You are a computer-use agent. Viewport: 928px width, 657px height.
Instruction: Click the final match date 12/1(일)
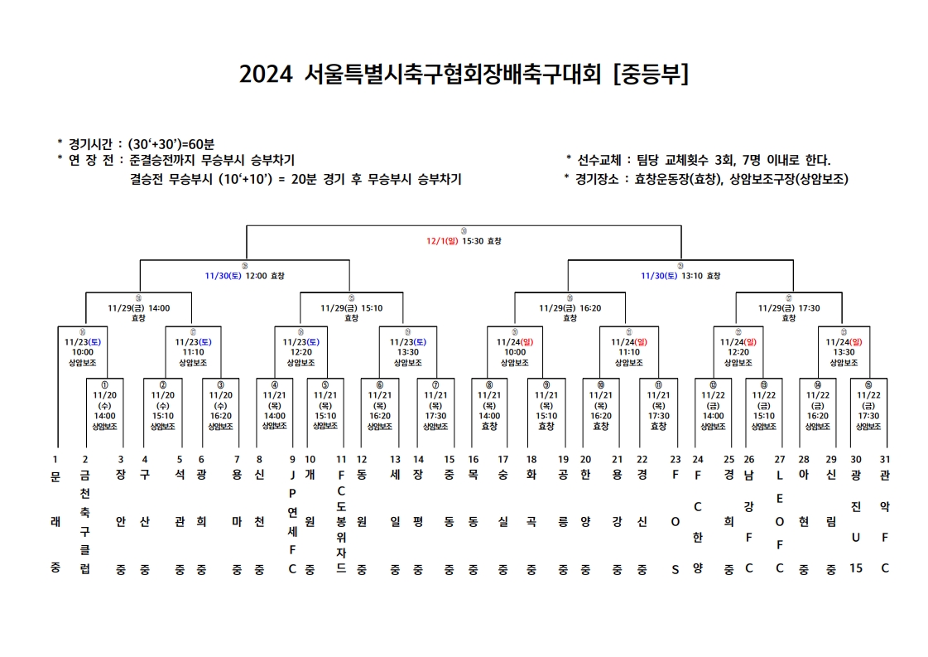tap(442, 241)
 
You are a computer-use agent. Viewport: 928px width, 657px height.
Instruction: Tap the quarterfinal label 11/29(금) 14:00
tap(138, 307)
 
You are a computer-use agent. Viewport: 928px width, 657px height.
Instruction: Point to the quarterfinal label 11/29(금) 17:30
tap(788, 307)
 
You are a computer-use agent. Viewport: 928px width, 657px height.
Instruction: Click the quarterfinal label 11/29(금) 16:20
tap(570, 307)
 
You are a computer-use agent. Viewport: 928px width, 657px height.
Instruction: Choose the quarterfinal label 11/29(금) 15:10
tap(351, 307)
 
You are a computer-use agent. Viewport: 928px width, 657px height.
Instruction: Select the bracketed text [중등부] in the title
tap(651, 75)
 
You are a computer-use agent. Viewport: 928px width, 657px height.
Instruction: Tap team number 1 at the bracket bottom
tap(55, 459)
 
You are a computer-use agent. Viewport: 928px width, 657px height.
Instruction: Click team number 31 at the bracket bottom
tap(885, 459)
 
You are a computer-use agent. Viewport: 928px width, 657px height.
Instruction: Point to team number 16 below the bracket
tap(474, 459)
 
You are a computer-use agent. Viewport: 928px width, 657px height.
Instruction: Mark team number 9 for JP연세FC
tap(291, 459)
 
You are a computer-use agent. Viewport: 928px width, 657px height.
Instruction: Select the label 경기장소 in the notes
tap(598, 179)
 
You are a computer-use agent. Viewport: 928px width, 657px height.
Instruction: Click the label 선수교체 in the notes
tap(598, 160)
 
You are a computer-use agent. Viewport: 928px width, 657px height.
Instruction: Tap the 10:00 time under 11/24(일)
tap(514, 351)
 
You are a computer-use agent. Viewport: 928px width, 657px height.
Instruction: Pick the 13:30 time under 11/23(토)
tap(407, 351)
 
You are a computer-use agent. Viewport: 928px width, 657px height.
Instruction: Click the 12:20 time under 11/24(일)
tap(738, 351)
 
